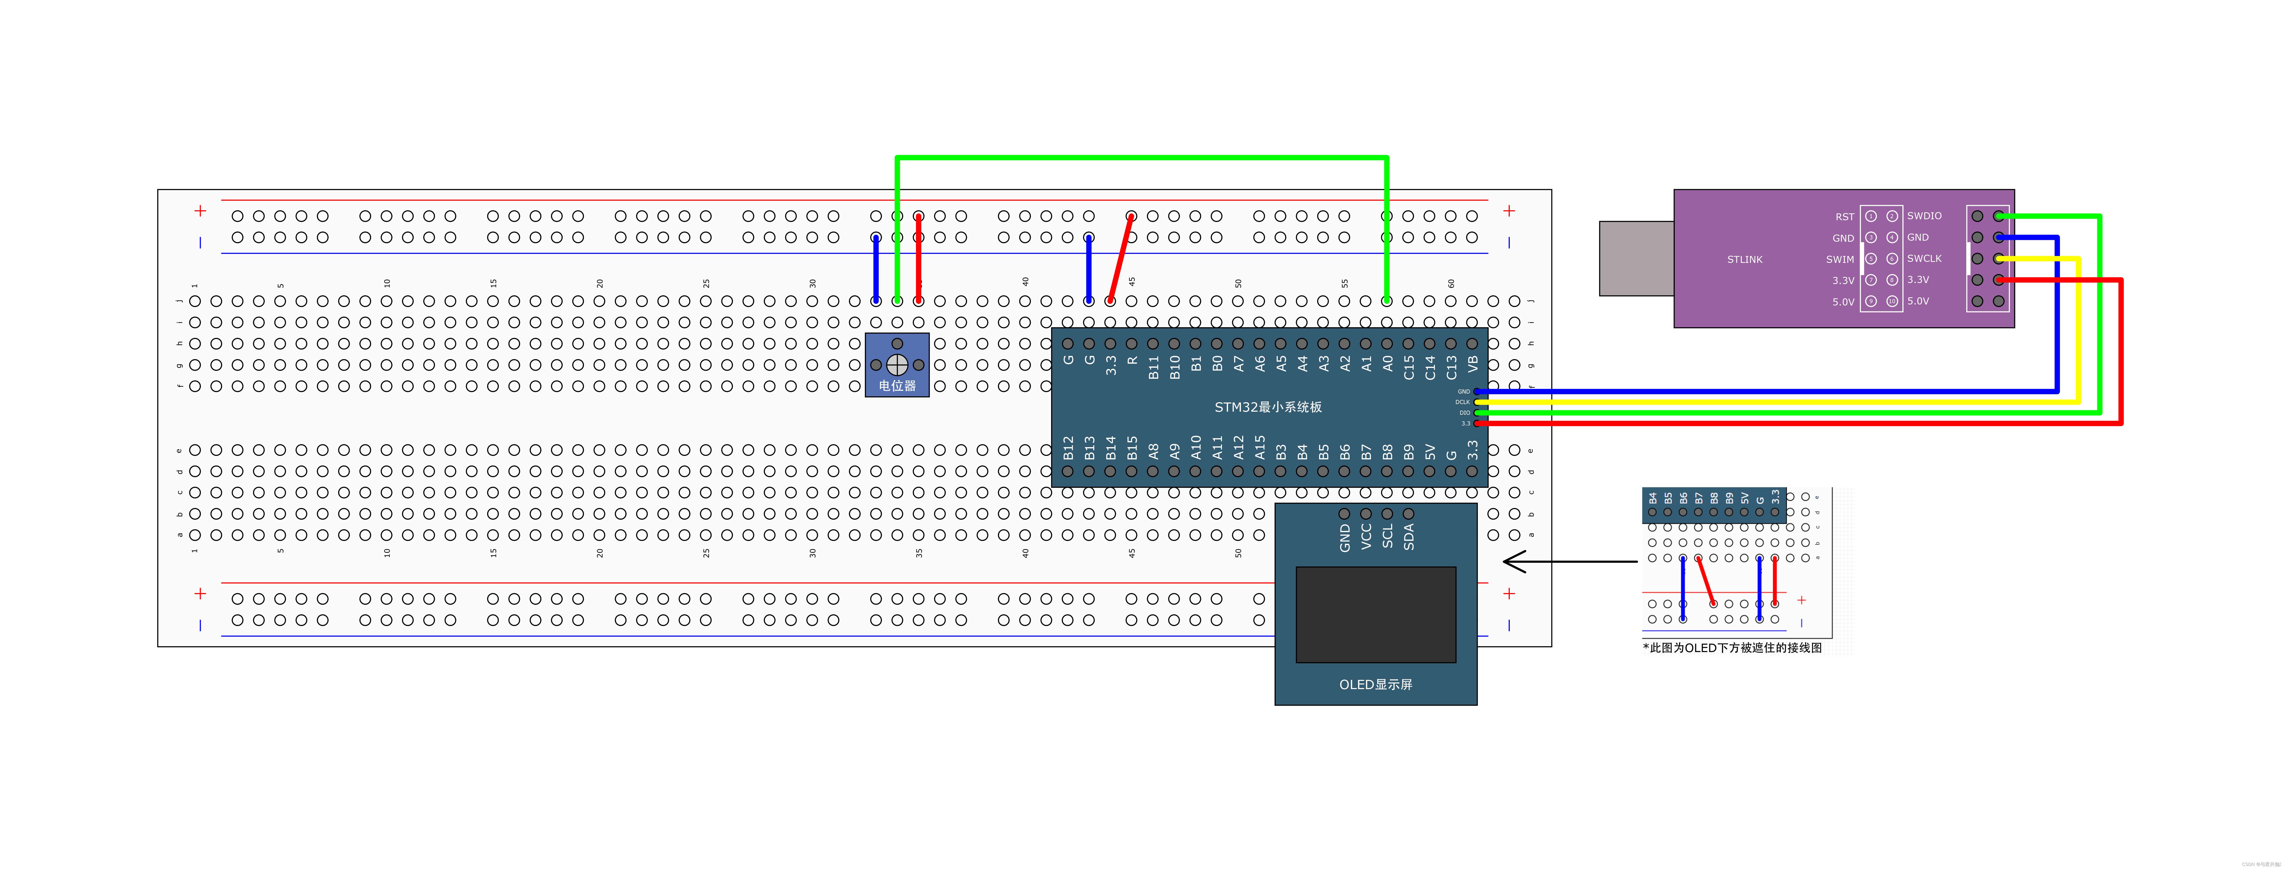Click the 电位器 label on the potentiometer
(897, 386)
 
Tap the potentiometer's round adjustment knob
(897, 364)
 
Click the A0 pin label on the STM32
(1387, 364)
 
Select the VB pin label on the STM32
(1473, 364)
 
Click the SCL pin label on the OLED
(1387, 536)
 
